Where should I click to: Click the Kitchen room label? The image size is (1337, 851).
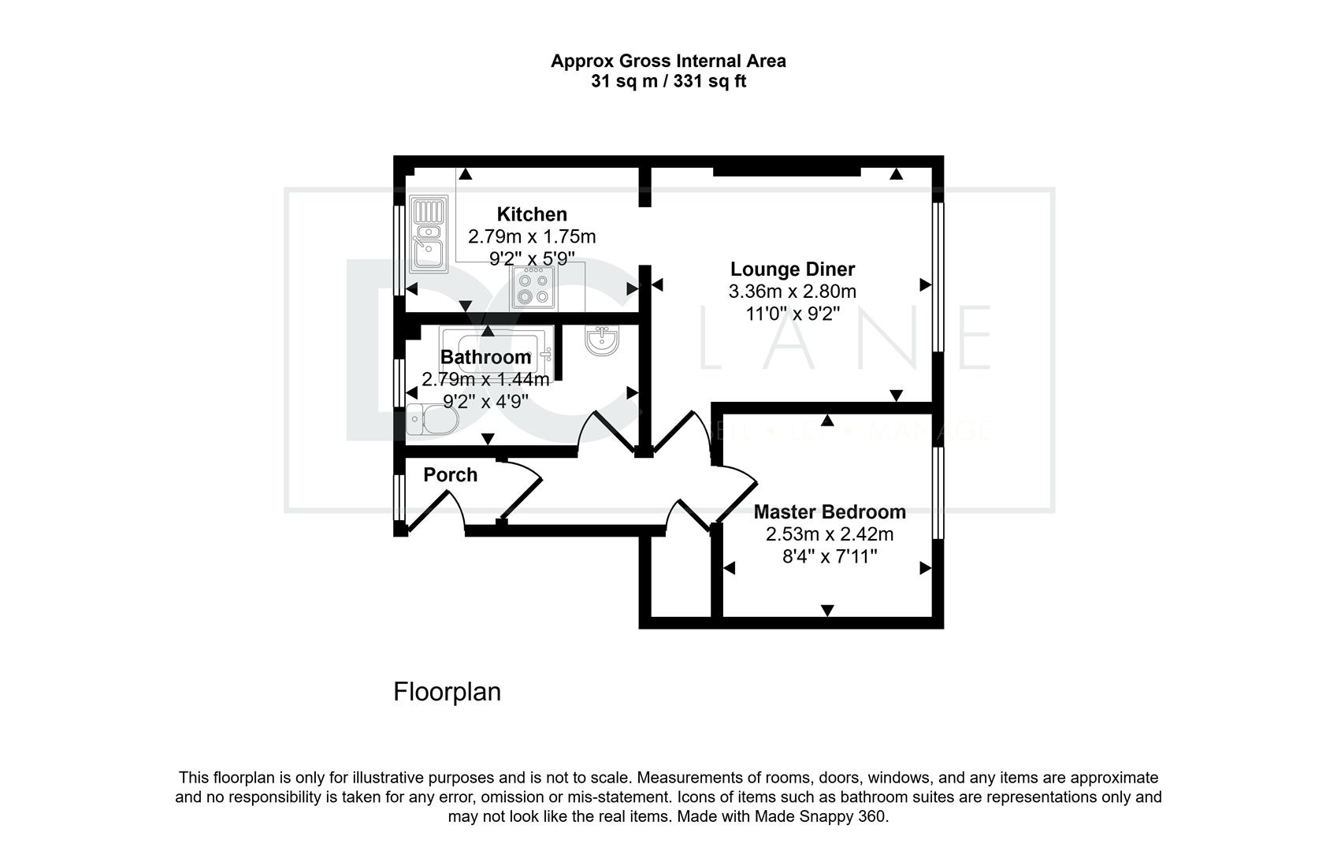point(532,214)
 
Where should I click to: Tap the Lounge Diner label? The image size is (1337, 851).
point(792,269)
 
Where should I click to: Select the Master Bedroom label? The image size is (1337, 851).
point(830,512)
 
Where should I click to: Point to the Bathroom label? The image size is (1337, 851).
point(485,357)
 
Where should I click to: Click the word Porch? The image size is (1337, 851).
point(450,475)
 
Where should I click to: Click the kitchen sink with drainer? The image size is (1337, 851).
point(429,234)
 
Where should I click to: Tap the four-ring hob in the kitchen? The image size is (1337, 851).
point(533,288)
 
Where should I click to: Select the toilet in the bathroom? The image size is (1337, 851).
point(432,419)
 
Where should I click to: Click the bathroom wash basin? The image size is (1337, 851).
point(602,340)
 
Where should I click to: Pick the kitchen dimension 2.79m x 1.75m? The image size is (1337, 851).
point(532,237)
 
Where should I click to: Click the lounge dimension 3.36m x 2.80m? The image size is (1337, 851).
point(792,292)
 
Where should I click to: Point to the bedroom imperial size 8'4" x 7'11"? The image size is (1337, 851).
point(830,557)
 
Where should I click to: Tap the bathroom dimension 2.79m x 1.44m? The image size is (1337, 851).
point(485,380)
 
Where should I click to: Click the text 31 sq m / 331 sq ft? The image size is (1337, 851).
point(668,81)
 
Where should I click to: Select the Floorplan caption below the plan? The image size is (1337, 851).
point(447,693)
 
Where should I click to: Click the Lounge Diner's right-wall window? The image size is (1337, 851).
point(938,277)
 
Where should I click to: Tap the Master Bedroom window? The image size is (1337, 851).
point(938,493)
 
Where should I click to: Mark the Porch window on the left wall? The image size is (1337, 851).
point(399,497)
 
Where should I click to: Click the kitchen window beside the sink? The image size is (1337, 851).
point(399,250)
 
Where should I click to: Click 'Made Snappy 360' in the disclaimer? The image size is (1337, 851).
point(820,816)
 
